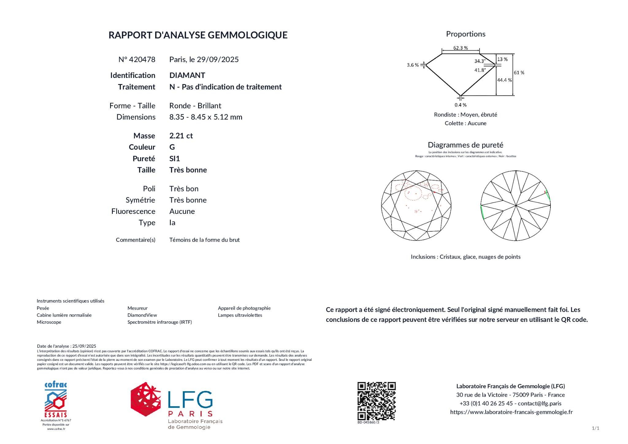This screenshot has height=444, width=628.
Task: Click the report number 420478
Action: point(142,60)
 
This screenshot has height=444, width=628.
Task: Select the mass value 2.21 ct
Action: point(181,136)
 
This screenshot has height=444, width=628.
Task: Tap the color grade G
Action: point(172,147)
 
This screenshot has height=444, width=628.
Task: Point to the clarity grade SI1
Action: point(174,158)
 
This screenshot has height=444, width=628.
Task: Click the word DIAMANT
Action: point(187,75)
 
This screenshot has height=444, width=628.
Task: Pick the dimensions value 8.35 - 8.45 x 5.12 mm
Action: point(205,117)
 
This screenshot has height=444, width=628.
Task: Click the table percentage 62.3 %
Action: point(460,48)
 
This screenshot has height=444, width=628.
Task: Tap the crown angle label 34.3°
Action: point(480,61)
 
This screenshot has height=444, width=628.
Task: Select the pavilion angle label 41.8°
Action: point(480,70)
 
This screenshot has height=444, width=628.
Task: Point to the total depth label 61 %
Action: point(519,73)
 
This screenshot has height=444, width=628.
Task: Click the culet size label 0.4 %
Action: point(460,105)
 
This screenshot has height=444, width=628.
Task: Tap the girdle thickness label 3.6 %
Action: point(412,65)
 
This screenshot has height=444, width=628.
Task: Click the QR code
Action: point(376,401)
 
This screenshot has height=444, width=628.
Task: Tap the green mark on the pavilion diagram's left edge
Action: point(482,212)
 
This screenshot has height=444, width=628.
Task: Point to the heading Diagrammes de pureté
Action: point(465,145)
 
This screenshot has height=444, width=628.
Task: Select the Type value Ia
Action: point(172,222)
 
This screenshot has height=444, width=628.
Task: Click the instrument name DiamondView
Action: point(142,315)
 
